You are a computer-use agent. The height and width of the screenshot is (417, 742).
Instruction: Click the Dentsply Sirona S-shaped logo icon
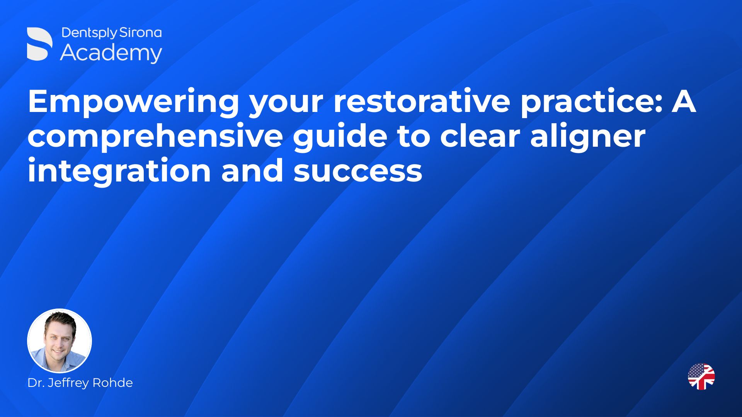pyautogui.click(x=40, y=44)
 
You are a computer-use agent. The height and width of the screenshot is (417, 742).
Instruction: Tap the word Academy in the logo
pyautogui.click(x=111, y=53)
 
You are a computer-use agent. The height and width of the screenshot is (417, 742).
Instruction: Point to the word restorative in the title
pyautogui.click(x=422, y=101)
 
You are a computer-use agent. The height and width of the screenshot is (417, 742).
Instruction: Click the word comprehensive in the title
pyautogui.click(x=155, y=136)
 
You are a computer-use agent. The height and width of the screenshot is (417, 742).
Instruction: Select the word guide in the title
pyautogui.click(x=340, y=136)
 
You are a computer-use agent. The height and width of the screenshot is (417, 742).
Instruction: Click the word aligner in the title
pyautogui.click(x=588, y=136)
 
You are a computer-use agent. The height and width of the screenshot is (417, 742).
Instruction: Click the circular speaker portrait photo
pyautogui.click(x=60, y=341)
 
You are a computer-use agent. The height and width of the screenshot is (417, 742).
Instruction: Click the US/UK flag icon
pyautogui.click(x=701, y=376)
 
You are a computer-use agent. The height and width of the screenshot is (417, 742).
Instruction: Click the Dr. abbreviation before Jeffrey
pyautogui.click(x=36, y=383)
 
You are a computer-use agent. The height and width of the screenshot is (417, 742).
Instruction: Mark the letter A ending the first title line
pyautogui.click(x=684, y=101)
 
